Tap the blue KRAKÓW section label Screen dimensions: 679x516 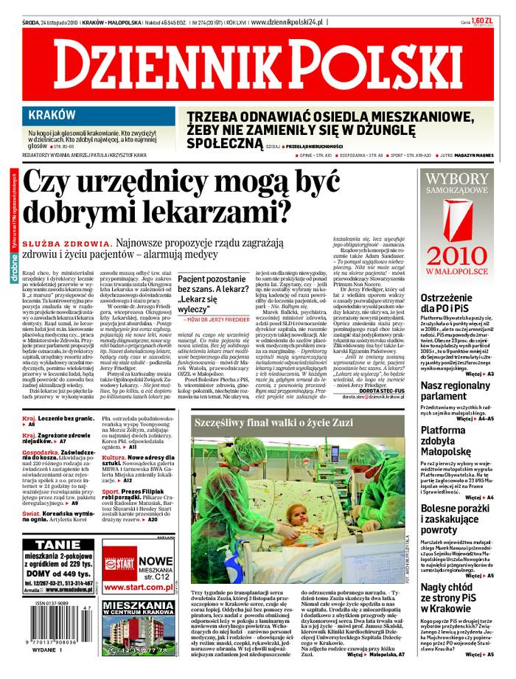pyautogui.click(x=52, y=114)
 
